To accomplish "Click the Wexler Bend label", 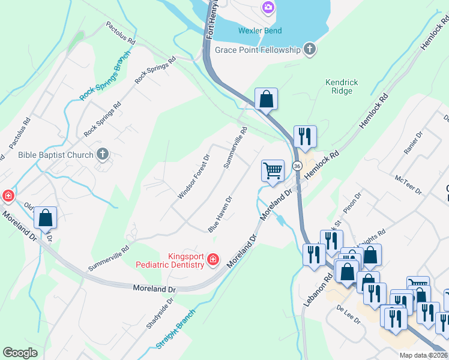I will click(x=259, y=31).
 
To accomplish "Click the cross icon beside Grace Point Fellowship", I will click(x=309, y=49).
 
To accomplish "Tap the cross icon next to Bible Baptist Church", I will click(x=103, y=155).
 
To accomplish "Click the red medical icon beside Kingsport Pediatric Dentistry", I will click(x=212, y=259).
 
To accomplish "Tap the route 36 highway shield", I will click(x=297, y=165).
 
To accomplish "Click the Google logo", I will click(x=20, y=353).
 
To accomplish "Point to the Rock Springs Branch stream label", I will click(x=104, y=83).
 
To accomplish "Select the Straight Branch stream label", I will click(x=176, y=329).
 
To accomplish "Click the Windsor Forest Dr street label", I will click(x=193, y=176).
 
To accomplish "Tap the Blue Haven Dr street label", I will click(x=220, y=214).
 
